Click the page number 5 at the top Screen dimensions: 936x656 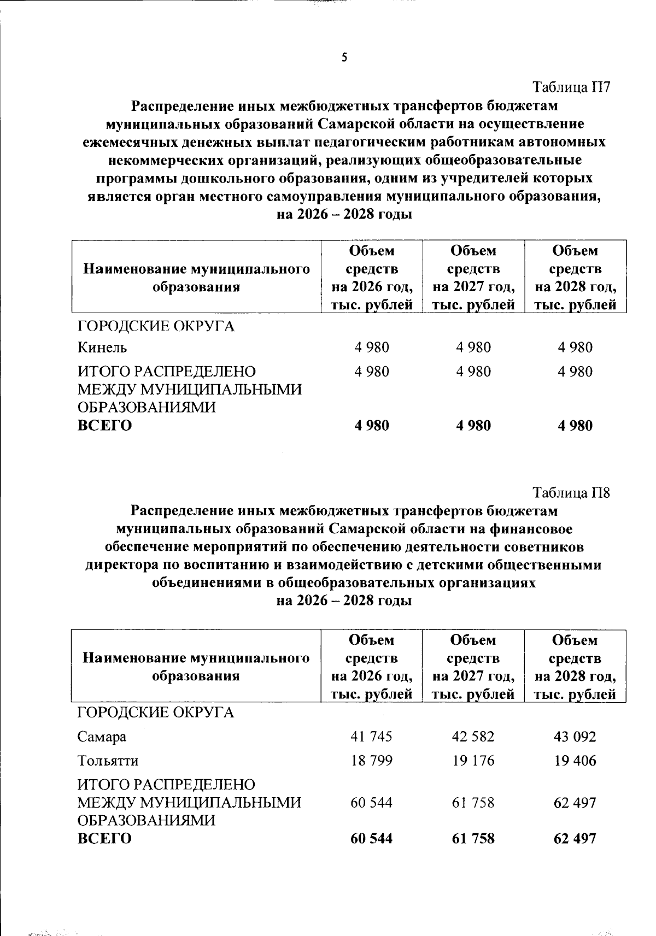click(344, 57)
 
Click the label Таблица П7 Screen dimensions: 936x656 click(571, 87)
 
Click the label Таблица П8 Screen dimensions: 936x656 click(571, 492)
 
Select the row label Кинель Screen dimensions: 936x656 click(102, 347)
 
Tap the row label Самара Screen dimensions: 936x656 click(102, 736)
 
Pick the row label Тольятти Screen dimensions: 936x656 click(108, 760)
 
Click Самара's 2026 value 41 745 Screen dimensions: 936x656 click(371, 736)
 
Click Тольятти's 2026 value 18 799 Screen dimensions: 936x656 click(371, 760)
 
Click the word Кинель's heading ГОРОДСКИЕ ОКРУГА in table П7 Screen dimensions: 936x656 click(156, 326)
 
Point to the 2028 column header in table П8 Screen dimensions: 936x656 click(575, 667)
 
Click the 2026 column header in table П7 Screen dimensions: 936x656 click(372, 278)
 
